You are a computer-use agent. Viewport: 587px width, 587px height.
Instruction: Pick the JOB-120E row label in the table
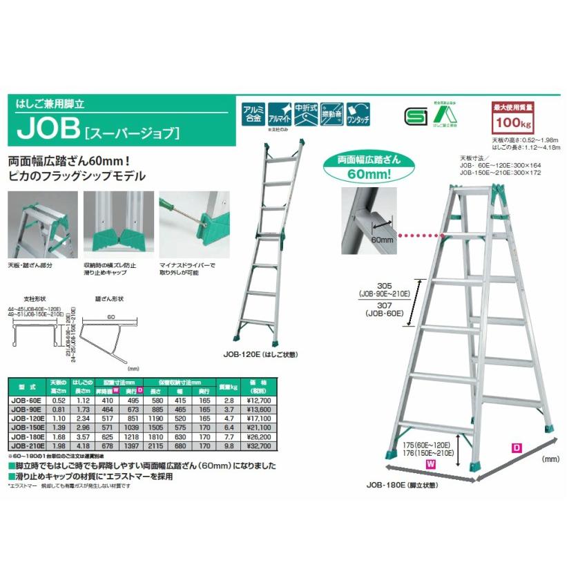pyautogui.click(x=28, y=418)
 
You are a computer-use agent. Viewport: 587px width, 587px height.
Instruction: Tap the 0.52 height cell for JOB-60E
pyautogui.click(x=59, y=400)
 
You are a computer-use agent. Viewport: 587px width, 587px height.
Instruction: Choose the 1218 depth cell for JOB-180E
pyautogui.click(x=133, y=436)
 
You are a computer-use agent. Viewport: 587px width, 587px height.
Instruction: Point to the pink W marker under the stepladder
pyautogui.click(x=430, y=465)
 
